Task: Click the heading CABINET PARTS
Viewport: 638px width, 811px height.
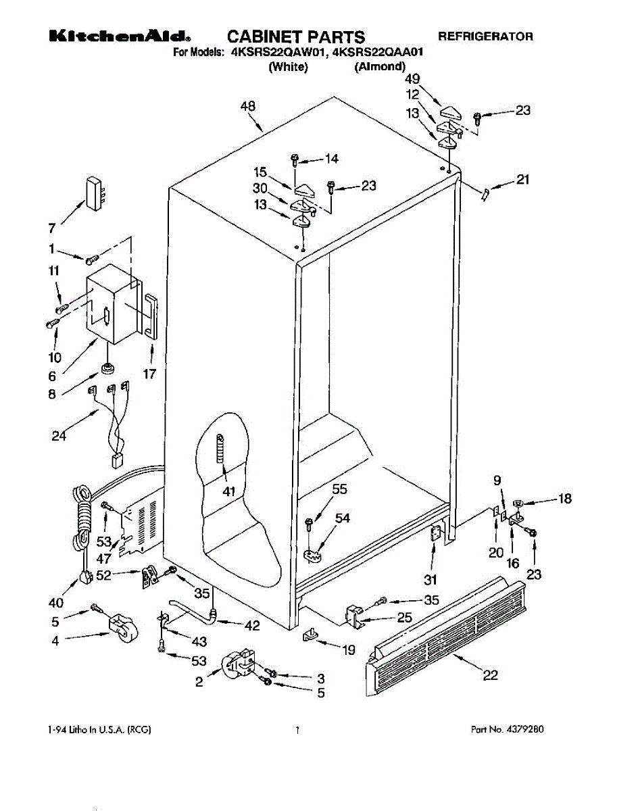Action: point(296,37)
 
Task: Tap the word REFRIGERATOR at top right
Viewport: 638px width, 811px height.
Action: point(485,36)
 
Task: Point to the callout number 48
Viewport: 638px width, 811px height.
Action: point(247,106)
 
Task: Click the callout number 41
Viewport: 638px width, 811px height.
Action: point(228,491)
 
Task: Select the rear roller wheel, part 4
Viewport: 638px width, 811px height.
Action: point(123,627)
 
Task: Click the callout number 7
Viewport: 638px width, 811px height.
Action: point(52,228)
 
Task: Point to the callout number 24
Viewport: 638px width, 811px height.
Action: point(59,436)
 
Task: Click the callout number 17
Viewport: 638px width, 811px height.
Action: point(149,374)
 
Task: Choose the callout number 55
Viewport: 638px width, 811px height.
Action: point(339,489)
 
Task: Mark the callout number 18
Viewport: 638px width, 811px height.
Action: point(565,498)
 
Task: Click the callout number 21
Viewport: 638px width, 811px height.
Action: point(522,179)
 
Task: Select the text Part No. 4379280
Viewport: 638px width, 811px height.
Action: point(508,730)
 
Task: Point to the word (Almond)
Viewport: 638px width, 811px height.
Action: point(380,66)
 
